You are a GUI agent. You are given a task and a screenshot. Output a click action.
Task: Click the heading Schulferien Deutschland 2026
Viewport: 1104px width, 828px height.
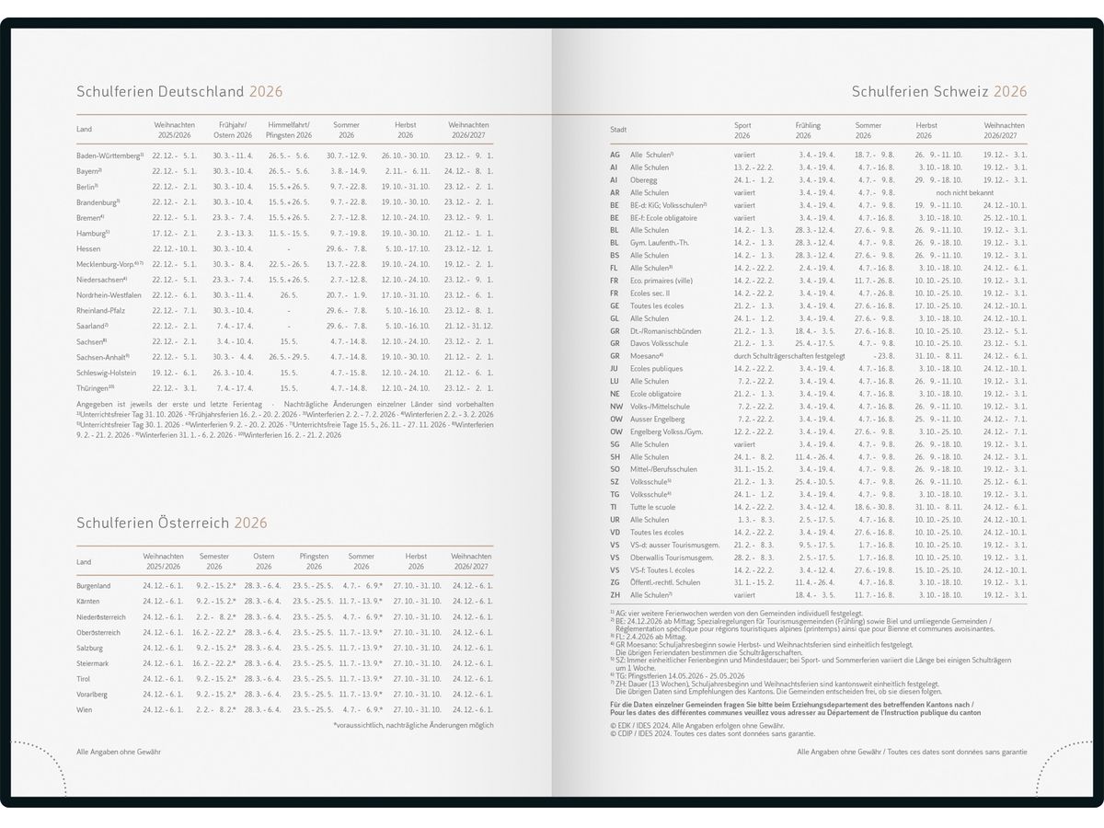pos(179,92)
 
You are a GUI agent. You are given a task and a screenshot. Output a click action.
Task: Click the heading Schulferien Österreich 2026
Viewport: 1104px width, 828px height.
pos(172,523)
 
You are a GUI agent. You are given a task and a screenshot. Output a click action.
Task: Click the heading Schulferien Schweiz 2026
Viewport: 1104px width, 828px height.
pos(938,92)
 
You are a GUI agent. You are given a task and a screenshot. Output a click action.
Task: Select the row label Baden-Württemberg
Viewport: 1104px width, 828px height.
pos(109,155)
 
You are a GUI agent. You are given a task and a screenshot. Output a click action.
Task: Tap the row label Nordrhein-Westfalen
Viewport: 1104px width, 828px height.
pos(109,294)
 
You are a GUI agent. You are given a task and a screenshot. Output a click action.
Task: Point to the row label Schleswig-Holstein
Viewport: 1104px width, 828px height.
pos(106,373)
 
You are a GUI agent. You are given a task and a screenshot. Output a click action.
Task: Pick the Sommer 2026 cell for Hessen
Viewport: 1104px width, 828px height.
pos(346,248)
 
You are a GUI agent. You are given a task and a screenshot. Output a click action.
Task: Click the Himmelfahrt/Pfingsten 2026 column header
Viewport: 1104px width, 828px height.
pos(289,130)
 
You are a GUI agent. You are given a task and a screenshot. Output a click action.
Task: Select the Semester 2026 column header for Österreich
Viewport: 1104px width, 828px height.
pos(214,561)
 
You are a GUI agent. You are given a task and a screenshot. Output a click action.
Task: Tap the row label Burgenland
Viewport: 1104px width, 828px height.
pos(94,585)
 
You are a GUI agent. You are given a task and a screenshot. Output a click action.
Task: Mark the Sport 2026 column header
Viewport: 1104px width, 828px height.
pos(742,130)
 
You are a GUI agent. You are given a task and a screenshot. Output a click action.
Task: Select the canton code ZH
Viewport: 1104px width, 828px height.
pos(615,594)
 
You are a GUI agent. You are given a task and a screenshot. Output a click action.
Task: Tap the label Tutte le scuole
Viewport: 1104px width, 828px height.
pos(652,507)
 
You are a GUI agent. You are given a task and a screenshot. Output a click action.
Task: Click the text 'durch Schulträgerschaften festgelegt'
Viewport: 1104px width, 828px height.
pos(788,356)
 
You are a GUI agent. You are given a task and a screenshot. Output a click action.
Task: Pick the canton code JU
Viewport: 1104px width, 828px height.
pos(614,369)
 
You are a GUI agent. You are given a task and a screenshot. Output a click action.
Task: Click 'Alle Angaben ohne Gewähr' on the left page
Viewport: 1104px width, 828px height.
pos(119,752)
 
